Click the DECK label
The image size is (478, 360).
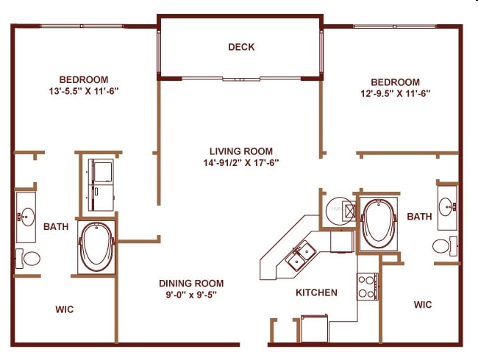tap(241, 47)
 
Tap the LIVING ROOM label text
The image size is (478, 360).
tap(242, 151)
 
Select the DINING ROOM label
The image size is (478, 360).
tap(191, 283)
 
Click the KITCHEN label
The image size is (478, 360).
tap(316, 292)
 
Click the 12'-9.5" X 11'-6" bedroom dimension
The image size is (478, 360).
tap(395, 93)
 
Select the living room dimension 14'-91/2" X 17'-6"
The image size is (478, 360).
tap(242, 162)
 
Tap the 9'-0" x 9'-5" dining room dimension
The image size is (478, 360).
tap(191, 295)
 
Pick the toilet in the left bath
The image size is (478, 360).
tap(29, 259)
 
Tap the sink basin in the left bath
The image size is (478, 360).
tap(26, 216)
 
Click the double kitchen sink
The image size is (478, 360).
tap(301, 256)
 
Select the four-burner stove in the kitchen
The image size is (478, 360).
tap(367, 285)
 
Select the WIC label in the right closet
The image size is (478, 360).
tap(422, 304)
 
